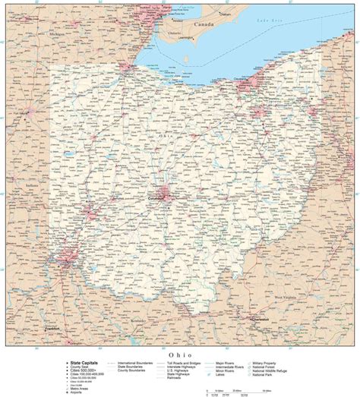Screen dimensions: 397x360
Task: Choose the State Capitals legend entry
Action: tap(82, 364)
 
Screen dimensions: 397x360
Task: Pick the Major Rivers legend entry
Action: tap(226, 364)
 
